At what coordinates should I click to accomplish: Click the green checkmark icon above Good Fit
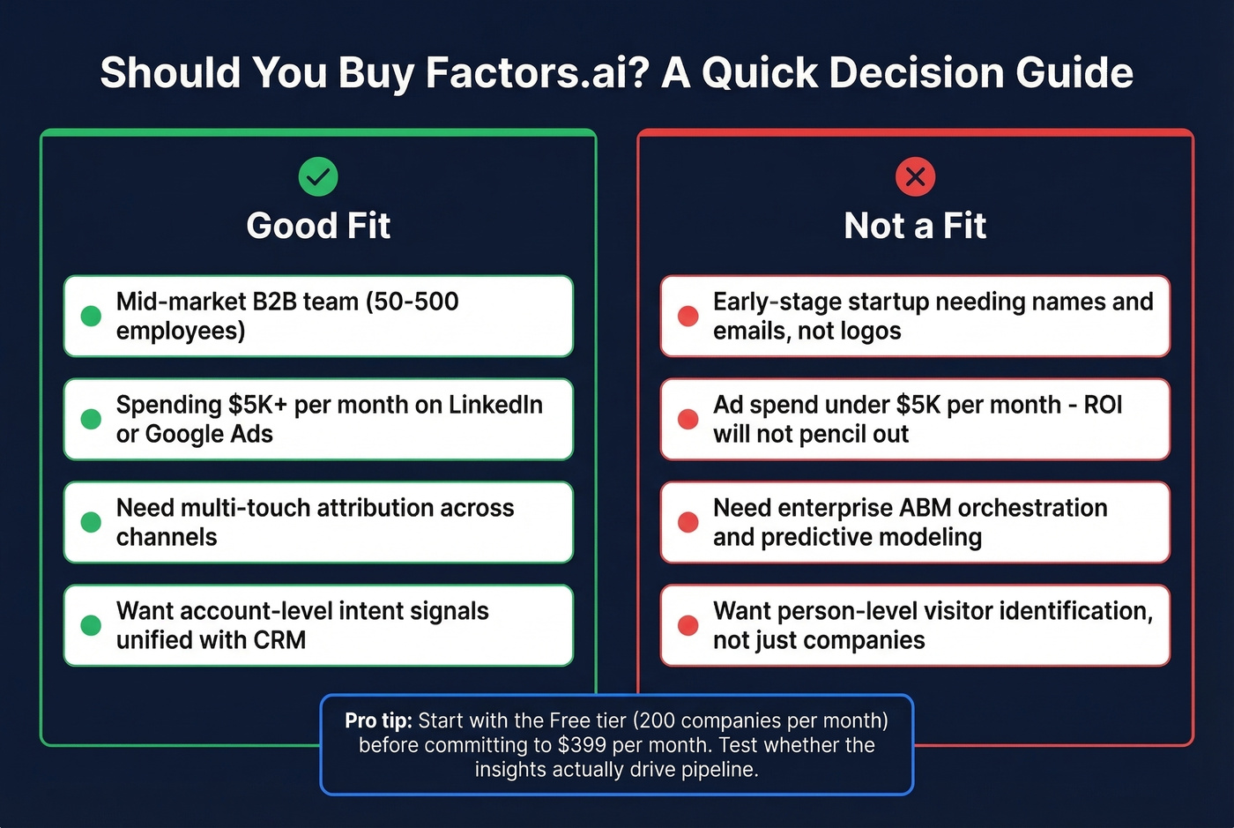318,176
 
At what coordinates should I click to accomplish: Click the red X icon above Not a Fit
915,176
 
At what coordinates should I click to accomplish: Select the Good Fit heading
318,226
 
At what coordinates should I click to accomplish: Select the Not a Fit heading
915,226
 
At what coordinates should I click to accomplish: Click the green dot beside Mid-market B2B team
91,316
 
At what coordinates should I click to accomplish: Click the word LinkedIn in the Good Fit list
495,405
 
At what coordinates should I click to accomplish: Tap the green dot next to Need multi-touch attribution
91,522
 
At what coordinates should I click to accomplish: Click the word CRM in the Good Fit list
279,640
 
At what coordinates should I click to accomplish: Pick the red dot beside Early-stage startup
688,316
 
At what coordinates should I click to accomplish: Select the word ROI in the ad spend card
1103,405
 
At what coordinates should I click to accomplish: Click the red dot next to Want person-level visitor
688,625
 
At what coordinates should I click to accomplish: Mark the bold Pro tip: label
378,720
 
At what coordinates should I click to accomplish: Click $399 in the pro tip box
582,745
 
